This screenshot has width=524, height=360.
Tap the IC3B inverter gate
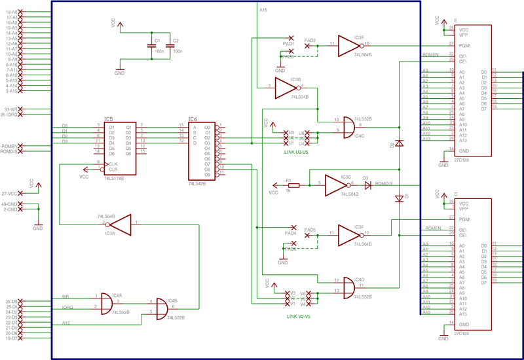[x=286, y=86]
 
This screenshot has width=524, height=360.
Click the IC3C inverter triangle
[x=335, y=185]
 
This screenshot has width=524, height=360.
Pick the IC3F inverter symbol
[x=349, y=234]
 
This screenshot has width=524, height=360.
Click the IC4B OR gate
[x=162, y=306]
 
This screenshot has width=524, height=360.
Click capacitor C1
[x=149, y=46]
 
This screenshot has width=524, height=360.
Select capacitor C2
[x=170, y=46]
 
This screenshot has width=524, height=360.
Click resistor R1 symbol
[x=293, y=185]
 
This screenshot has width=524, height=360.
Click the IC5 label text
[x=108, y=119]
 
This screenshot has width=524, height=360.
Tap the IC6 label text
[x=193, y=119]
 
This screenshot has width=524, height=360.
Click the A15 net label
[x=263, y=10]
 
